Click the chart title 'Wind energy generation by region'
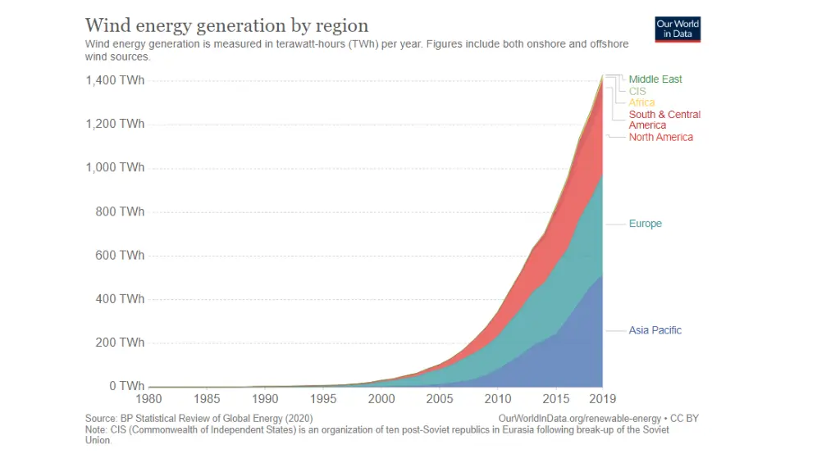point(226,25)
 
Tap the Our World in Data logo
point(678,29)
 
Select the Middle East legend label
point(655,79)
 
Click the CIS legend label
point(637,92)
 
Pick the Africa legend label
point(641,102)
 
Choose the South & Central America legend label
point(664,120)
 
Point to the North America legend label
point(660,137)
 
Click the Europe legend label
point(645,224)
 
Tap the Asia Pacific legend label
point(655,330)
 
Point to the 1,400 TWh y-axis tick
point(115,80)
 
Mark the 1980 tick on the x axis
point(148,400)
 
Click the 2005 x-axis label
point(440,400)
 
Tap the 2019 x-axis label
point(602,400)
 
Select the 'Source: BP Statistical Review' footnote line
point(199,418)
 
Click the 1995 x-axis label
point(323,400)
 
